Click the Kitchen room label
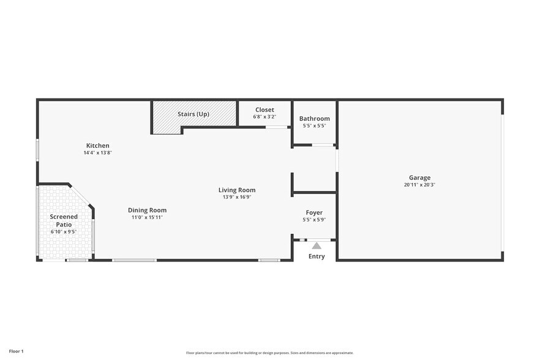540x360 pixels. coord(97,146)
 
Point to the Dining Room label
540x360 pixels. coord(147,210)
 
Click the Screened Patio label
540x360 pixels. coord(64,220)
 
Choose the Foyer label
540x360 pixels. coord(314,212)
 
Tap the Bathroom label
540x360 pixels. coord(314,119)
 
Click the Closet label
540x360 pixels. coord(264,110)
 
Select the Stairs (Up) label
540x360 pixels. coord(193,114)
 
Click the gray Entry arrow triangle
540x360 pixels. coord(317,246)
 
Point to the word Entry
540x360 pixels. coord(317,257)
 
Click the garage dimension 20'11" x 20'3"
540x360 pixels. coord(420,185)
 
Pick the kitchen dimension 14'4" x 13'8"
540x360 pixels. coord(97,152)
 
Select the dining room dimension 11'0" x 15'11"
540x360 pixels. coord(147,217)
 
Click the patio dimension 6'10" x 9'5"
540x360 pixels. coord(64,232)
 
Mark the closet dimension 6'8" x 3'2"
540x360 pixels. coord(264,116)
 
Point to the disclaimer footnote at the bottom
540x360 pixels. coord(270,353)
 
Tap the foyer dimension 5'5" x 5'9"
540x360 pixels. coord(314,220)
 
